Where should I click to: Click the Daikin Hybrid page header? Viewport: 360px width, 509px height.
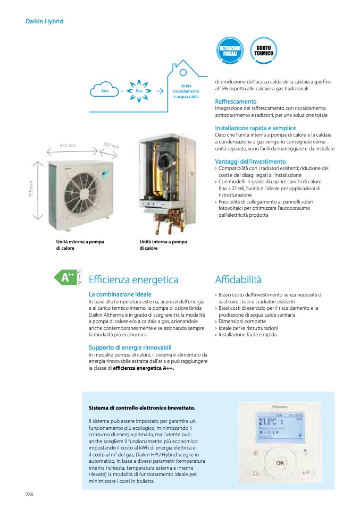(x=45, y=21)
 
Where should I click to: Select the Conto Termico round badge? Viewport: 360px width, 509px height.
(x=263, y=51)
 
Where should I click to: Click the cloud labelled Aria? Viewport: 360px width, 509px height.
(x=104, y=90)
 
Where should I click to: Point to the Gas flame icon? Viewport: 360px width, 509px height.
(x=139, y=90)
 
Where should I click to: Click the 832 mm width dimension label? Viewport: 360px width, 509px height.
(x=68, y=145)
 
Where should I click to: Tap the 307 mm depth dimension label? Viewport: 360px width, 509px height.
(x=111, y=146)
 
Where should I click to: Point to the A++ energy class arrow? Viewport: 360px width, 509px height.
(x=67, y=277)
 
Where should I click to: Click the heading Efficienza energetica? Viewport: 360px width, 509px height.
(x=133, y=279)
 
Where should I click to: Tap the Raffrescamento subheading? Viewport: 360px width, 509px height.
(x=236, y=101)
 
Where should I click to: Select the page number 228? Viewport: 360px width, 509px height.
(x=29, y=494)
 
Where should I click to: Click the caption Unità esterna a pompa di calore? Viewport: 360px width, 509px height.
(x=80, y=245)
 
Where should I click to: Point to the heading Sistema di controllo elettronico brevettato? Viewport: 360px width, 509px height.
(x=141, y=408)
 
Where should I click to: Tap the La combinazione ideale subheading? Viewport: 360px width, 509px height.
(x=120, y=294)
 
